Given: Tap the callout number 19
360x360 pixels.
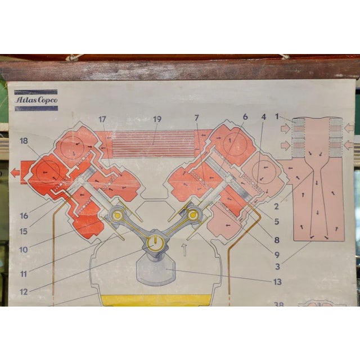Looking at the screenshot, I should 157,119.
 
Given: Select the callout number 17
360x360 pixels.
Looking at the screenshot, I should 102,119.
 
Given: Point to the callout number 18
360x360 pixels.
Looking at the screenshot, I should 24,141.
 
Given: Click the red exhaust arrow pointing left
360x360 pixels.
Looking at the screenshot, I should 15,173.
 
